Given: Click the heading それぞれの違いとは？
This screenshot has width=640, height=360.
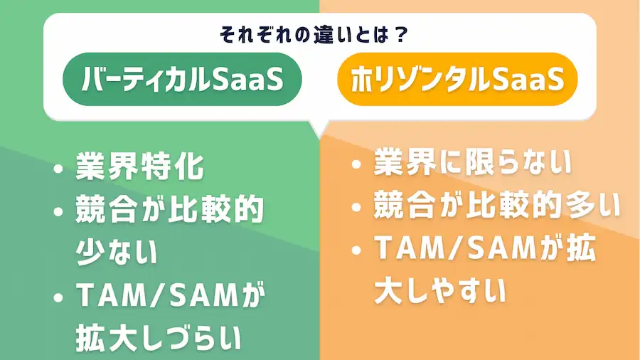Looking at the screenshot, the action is (314, 35).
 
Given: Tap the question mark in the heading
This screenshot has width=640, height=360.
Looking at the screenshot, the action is (400, 35).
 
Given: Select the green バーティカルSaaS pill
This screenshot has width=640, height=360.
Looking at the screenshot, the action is (182, 79).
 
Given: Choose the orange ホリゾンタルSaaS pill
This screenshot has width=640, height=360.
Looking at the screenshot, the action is (457, 79).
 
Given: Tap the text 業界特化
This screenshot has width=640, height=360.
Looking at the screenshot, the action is (139, 166).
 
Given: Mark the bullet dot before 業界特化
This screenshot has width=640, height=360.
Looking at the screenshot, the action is (58, 169).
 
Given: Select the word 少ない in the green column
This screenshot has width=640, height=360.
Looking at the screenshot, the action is (117, 252).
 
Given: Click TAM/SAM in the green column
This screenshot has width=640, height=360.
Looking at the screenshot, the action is (156, 295).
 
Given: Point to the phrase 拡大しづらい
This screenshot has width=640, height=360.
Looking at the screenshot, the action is (159, 337).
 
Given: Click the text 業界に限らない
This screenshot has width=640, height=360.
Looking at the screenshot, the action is (472, 162).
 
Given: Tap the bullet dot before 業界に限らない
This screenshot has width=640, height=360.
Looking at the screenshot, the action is (356, 164).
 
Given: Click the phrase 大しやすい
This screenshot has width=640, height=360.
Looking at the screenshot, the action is (439, 292).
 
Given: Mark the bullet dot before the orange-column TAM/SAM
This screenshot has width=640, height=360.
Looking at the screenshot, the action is (356, 250).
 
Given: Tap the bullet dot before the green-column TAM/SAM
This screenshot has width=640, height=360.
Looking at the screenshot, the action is (58, 297).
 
